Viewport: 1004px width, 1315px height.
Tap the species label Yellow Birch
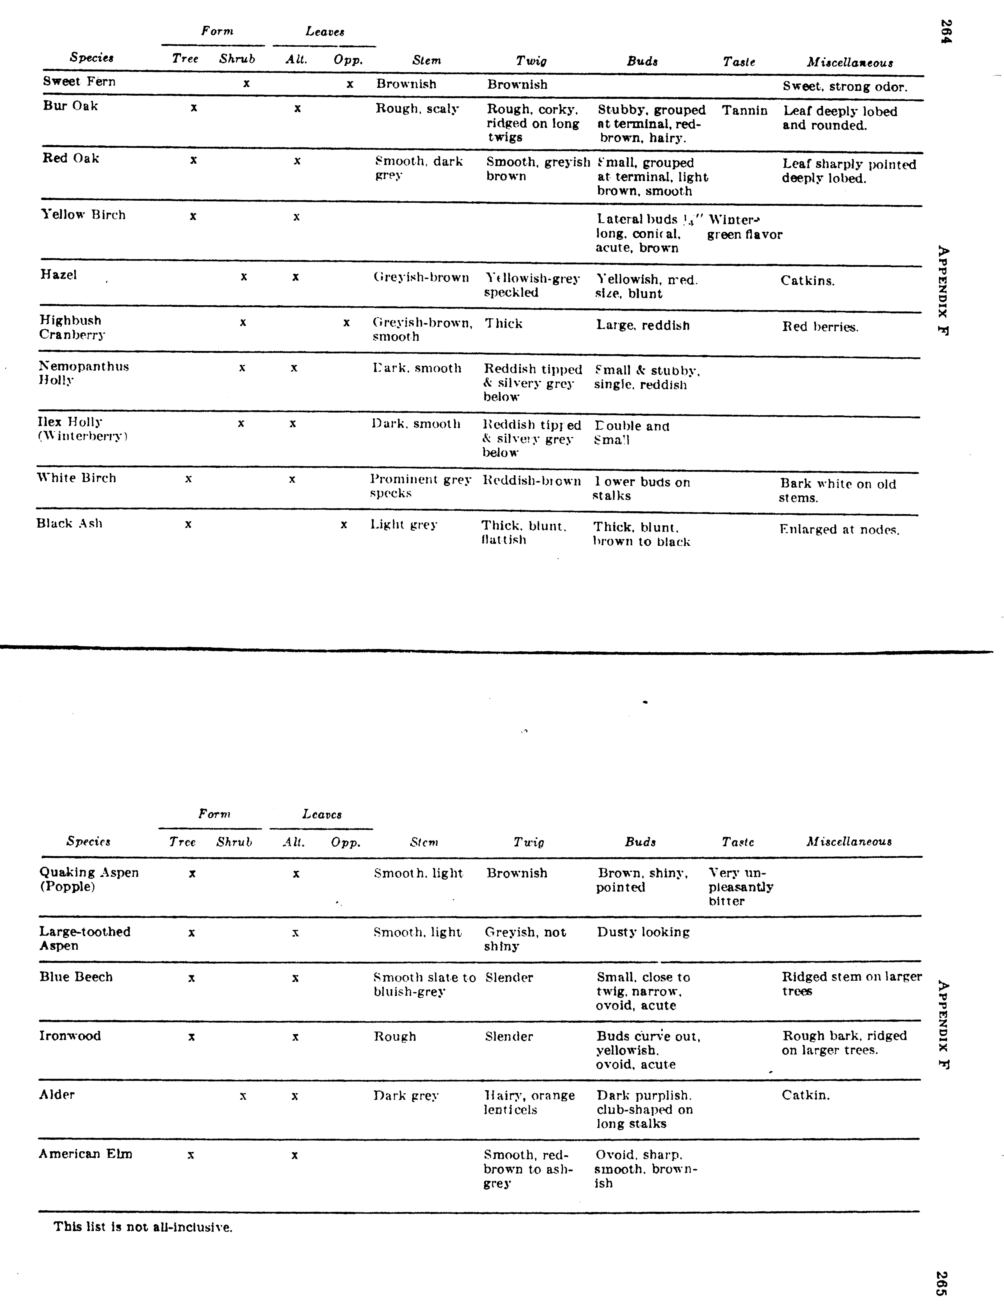tap(83, 215)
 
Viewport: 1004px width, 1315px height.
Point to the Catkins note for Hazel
tap(807, 281)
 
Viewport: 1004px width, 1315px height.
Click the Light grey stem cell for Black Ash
tap(404, 525)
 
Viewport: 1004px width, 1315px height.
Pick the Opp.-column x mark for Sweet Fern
tap(350, 84)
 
